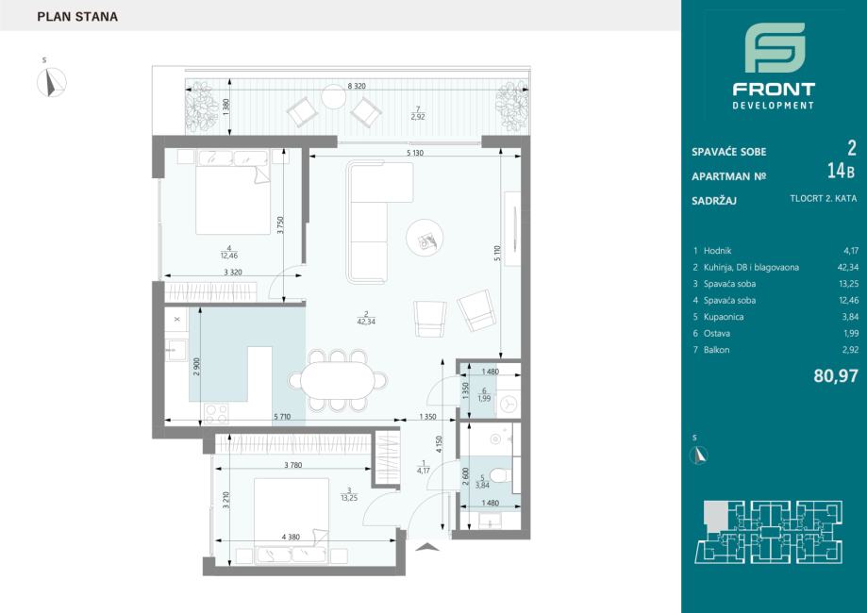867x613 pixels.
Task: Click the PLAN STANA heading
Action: [x=77, y=17]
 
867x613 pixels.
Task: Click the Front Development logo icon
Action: [x=775, y=47]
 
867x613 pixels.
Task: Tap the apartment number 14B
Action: [x=841, y=172]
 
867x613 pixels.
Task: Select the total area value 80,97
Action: [x=836, y=376]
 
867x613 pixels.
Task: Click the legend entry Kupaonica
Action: [x=724, y=317]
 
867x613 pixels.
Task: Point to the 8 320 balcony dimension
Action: [x=357, y=86]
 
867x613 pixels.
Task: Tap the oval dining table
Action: [x=338, y=380]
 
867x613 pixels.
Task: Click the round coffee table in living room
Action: [x=425, y=238]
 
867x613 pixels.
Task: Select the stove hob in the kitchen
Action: [x=216, y=413]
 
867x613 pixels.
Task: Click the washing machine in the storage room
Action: [x=509, y=404]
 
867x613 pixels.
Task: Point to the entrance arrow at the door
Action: [x=426, y=547]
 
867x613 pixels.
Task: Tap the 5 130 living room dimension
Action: [x=415, y=153]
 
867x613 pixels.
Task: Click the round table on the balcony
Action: [x=333, y=97]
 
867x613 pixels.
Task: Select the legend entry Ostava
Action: [x=717, y=333]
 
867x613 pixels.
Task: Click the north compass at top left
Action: [x=52, y=82]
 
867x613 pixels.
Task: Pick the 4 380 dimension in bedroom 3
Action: [x=291, y=537]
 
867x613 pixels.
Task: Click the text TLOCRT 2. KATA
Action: [x=824, y=198]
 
